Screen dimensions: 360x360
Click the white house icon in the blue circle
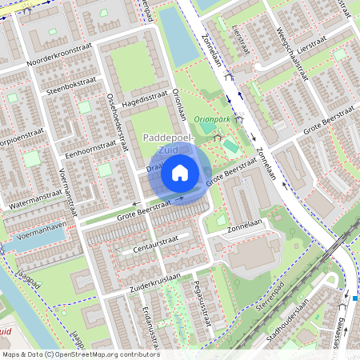(x=180, y=173)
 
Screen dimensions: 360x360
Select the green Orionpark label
(x=211, y=119)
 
